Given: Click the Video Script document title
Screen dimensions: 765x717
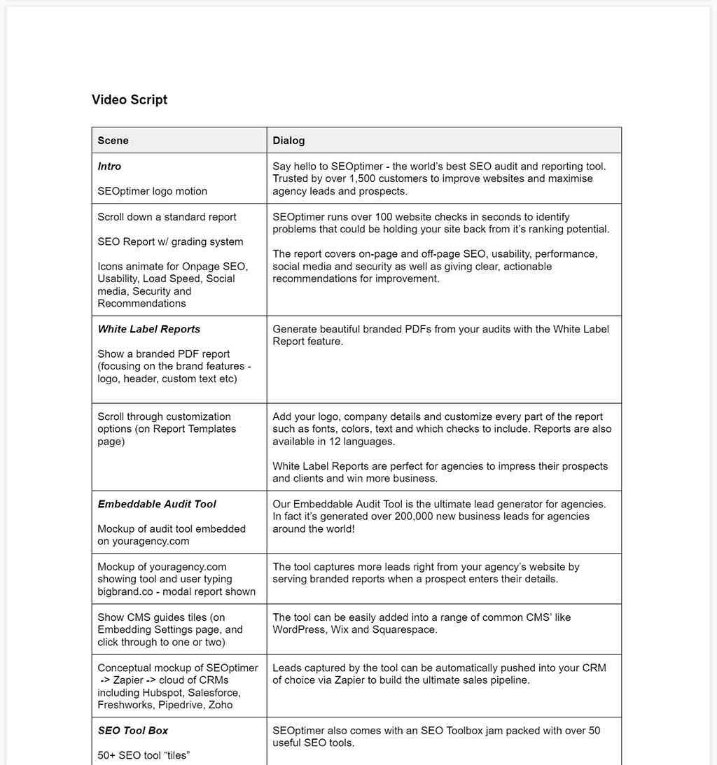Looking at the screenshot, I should tap(130, 100).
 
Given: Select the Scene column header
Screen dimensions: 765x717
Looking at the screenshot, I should tap(113, 141).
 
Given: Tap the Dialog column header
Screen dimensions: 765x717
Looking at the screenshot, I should tap(288, 141).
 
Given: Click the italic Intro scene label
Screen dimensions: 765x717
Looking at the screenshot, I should tap(109, 167).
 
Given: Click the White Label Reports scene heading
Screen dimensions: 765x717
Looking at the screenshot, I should tap(149, 329).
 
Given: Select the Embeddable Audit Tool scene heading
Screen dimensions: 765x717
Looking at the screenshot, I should tap(157, 504).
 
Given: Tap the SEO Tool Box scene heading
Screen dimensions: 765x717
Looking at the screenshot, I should tap(133, 731).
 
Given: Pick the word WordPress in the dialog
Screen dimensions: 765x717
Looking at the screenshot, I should tap(300, 630).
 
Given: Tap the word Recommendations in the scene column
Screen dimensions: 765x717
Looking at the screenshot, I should tap(142, 304).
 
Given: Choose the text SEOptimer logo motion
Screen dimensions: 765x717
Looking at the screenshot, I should tap(153, 191).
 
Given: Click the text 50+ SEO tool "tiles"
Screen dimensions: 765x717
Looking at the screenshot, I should tap(144, 755).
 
